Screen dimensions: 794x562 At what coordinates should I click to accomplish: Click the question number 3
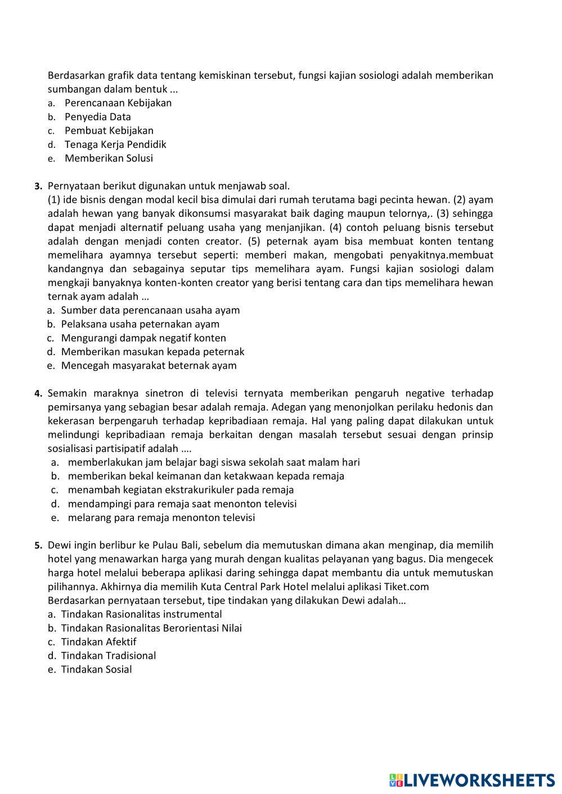pyautogui.click(x=38, y=186)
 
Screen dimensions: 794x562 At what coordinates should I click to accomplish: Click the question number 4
pyautogui.click(x=38, y=393)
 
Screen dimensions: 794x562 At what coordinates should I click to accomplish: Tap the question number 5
pyautogui.click(x=38, y=545)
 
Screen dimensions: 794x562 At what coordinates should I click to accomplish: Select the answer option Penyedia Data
pyautogui.click(x=97, y=117)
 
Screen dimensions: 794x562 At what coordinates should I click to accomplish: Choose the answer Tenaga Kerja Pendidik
pyautogui.click(x=115, y=144)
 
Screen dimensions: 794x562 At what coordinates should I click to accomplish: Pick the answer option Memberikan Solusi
pyautogui.click(x=109, y=158)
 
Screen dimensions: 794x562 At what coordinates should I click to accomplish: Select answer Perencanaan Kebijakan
pyautogui.click(x=118, y=103)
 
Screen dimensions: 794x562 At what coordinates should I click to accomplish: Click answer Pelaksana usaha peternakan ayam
pyautogui.click(x=140, y=324)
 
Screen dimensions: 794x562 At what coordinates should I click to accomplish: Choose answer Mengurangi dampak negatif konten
pyautogui.click(x=143, y=338)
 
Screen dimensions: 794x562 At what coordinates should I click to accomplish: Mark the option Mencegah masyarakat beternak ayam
pyautogui.click(x=149, y=365)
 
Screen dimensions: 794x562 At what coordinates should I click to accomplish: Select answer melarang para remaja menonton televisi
pyautogui.click(x=161, y=518)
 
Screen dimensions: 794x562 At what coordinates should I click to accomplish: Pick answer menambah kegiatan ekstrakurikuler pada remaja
pyautogui.click(x=181, y=489)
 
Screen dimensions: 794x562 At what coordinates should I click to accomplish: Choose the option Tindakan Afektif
pyautogui.click(x=98, y=642)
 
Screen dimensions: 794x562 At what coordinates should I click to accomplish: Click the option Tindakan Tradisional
pyautogui.click(x=108, y=655)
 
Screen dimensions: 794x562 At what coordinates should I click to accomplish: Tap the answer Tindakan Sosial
pyautogui.click(x=96, y=669)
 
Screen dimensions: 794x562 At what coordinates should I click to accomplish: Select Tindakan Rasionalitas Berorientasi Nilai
pyautogui.click(x=151, y=628)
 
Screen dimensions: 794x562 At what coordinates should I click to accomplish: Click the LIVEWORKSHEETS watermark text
pyautogui.click(x=479, y=779)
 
